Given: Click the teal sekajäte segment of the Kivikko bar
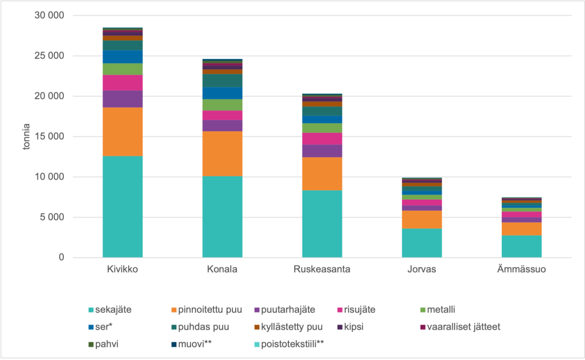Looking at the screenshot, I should point(122,206).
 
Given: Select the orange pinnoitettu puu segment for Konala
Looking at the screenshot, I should point(222,154).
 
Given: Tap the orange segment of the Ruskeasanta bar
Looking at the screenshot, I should point(322,174).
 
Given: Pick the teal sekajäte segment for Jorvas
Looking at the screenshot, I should point(422,243).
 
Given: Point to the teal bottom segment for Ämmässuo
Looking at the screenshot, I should point(521,246).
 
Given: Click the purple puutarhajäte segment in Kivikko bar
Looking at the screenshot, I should point(122,99).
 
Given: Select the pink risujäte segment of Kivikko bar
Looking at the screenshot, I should point(122,83).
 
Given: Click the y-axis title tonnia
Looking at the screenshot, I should point(28,137).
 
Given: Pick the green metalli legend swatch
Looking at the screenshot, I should point(422,310).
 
